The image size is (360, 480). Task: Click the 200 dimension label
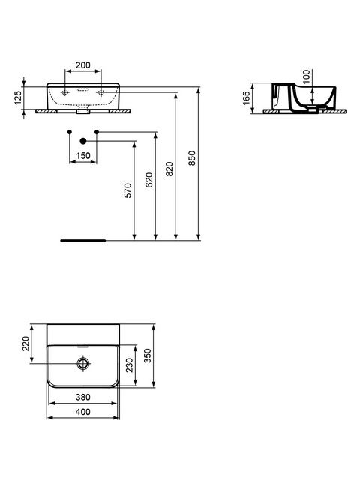pyautogui.click(x=83, y=65)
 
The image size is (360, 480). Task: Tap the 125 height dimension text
pyautogui.click(x=18, y=97)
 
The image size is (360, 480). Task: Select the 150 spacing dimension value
pyautogui.click(x=83, y=156)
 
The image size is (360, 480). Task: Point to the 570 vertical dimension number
pyautogui.click(x=128, y=190)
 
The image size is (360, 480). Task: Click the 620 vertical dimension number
pyautogui.click(x=148, y=180)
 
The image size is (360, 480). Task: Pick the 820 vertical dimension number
pyautogui.click(x=169, y=169)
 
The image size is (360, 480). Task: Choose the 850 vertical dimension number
pyautogui.click(x=192, y=158)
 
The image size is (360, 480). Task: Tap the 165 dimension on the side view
pyautogui.click(x=247, y=98)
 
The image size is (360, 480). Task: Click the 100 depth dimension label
pyautogui.click(x=307, y=76)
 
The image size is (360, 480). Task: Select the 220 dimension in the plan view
pyautogui.click(x=26, y=343)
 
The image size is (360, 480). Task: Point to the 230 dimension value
pyautogui.click(x=130, y=365)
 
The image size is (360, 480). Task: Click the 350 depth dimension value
pyautogui.click(x=148, y=355)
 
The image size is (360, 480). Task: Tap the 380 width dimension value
pyautogui.click(x=83, y=397)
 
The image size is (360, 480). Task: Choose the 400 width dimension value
pyautogui.click(x=83, y=412)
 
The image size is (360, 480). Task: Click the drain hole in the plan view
pyautogui.click(x=83, y=363)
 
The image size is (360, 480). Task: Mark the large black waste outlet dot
pyautogui.click(x=83, y=141)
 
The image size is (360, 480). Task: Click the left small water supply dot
pyautogui.click(x=70, y=132)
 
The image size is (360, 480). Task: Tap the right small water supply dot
pyautogui.click(x=97, y=132)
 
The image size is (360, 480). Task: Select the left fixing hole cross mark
pyautogui.click(x=65, y=92)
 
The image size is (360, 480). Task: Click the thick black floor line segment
pyautogui.click(x=83, y=241)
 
